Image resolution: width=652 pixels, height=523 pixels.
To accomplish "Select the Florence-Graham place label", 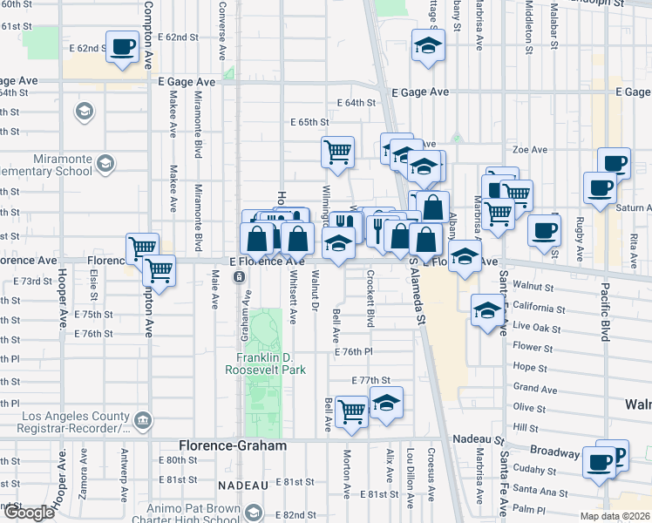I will pyautogui.click(x=234, y=445).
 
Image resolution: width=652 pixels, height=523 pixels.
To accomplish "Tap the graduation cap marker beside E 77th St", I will pyautogui.click(x=385, y=402).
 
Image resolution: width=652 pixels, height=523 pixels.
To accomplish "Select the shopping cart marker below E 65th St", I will pyautogui.click(x=337, y=153).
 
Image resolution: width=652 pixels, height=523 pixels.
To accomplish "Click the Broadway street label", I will pyautogui.click(x=554, y=453).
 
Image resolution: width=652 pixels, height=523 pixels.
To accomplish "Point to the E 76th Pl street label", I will pyautogui.click(x=352, y=351).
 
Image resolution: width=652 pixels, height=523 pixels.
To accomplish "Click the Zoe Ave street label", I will pyautogui.click(x=529, y=149).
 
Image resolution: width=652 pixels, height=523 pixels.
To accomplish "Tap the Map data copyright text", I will pyautogui.click(x=614, y=516).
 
